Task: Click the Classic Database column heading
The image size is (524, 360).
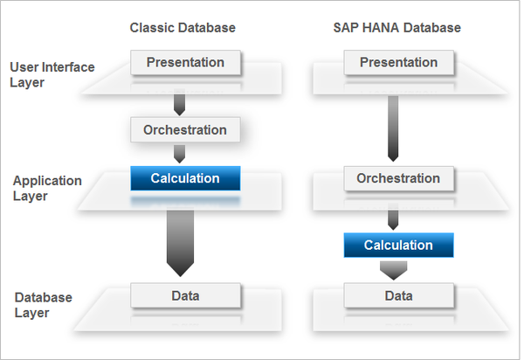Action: coord(183,28)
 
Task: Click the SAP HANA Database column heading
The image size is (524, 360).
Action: coord(397,28)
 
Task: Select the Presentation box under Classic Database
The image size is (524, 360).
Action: coord(184,63)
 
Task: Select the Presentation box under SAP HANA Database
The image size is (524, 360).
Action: coord(397,63)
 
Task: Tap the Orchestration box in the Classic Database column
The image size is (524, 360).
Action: coord(184,130)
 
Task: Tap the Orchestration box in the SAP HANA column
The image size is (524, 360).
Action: coord(397,178)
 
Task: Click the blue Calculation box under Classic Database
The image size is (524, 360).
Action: coord(184,178)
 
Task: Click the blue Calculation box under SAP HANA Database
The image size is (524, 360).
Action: coord(398,245)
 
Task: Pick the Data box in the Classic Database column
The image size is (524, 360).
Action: coord(184,295)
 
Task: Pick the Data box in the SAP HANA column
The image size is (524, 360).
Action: coord(397,295)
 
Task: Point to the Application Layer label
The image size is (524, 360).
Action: coord(47,188)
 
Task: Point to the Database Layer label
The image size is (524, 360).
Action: coord(43,305)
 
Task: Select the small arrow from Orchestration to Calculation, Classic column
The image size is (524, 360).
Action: coord(180,154)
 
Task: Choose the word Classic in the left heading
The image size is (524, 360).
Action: coord(148,28)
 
